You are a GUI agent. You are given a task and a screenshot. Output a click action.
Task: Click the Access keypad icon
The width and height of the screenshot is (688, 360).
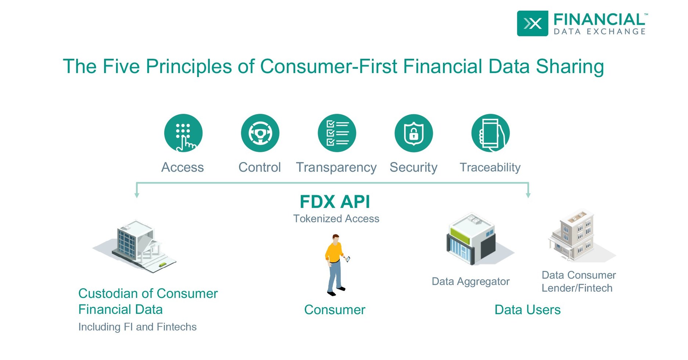pyautogui.click(x=183, y=133)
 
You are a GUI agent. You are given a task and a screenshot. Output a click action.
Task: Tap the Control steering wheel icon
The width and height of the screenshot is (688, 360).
pyautogui.click(x=260, y=133)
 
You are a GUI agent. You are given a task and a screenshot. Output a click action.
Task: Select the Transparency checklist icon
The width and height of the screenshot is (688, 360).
pyautogui.click(x=337, y=133)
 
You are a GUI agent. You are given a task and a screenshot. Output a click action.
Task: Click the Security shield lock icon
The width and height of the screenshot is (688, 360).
pyautogui.click(x=414, y=133)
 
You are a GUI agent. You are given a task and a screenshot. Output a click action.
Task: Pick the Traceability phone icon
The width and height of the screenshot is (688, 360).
pyautogui.click(x=490, y=133)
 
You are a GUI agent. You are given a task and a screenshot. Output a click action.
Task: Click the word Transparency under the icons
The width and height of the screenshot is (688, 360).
pyautogui.click(x=336, y=167)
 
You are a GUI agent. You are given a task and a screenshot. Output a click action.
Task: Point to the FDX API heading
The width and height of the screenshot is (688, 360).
pyautogui.click(x=335, y=202)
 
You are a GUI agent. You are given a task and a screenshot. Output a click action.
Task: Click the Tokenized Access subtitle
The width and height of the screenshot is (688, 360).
pyautogui.click(x=336, y=219)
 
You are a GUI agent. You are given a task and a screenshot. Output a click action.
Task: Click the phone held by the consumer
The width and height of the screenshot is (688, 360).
pyautogui.click(x=348, y=259)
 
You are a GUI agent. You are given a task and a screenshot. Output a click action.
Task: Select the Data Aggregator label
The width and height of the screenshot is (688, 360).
pyautogui.click(x=470, y=281)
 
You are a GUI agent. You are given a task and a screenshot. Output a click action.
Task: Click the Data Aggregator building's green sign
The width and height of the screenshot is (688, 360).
pyautogui.click(x=460, y=235)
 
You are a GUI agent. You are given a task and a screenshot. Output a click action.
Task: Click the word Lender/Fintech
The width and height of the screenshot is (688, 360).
pyautogui.click(x=577, y=288)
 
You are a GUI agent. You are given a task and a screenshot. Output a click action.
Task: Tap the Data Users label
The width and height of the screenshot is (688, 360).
pyautogui.click(x=527, y=310)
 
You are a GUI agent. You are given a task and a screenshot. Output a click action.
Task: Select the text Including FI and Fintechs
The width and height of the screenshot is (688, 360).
pyautogui.click(x=137, y=327)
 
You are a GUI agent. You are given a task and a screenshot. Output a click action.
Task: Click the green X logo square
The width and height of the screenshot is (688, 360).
pyautogui.click(x=532, y=23)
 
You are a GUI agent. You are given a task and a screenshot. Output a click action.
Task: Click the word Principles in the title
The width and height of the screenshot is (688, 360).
pyautogui.click(x=189, y=67)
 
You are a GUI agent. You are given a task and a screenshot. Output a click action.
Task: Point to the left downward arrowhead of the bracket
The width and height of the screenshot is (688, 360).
pyautogui.click(x=137, y=195)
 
